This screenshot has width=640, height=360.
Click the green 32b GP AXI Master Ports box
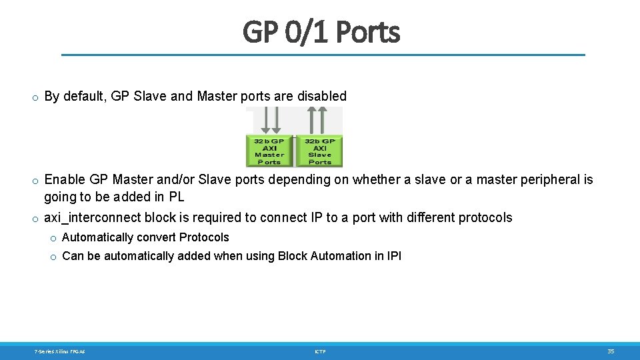tap(269, 151)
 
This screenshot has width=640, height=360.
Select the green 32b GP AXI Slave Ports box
tap(320, 151)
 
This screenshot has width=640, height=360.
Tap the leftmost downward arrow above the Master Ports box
tap(263, 120)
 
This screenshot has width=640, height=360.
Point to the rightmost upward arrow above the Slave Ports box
tap(325, 120)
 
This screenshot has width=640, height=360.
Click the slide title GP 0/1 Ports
tap(321, 31)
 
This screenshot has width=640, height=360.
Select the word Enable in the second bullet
tap(65, 179)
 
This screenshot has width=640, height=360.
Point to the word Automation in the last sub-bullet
tap(341, 256)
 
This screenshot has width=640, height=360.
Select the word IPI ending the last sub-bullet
tap(394, 256)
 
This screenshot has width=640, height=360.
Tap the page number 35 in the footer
tap(611, 351)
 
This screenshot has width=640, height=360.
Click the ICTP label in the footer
tap(321, 351)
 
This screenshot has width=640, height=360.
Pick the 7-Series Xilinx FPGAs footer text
tap(59, 351)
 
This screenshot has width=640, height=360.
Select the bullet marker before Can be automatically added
tap(52, 257)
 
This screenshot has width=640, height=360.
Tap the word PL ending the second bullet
tap(176, 197)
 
